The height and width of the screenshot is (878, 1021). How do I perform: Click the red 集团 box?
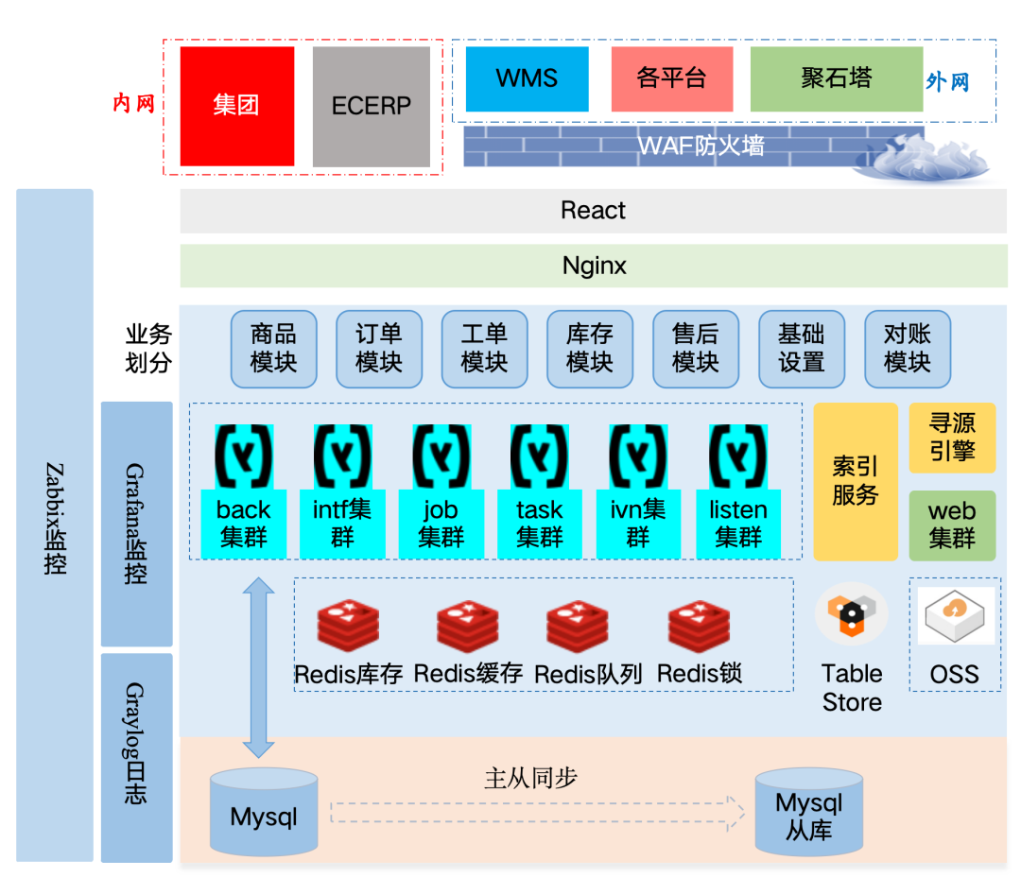(236, 106)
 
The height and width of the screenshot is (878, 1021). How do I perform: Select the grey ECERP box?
(372, 106)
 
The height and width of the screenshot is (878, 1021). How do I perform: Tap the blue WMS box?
(527, 79)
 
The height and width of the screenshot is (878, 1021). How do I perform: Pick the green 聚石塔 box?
(836, 79)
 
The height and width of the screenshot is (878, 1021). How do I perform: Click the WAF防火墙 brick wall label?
(700, 146)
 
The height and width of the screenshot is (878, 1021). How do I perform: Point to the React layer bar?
(593, 211)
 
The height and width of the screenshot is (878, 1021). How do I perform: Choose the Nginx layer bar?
(593, 266)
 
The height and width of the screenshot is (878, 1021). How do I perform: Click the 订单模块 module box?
(379, 348)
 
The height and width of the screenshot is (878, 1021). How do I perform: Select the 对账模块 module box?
(907, 348)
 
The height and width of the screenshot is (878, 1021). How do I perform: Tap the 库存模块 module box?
(590, 348)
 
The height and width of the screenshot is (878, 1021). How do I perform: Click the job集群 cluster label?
(441, 524)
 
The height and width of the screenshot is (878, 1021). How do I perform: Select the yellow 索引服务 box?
(856, 481)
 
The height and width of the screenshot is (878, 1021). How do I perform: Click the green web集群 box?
(952, 525)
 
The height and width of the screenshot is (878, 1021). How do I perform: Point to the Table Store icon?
(851, 614)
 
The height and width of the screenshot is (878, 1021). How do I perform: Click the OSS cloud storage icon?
(956, 616)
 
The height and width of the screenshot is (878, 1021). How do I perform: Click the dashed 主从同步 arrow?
(537, 812)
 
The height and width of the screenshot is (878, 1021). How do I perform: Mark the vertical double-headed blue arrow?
(258, 667)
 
